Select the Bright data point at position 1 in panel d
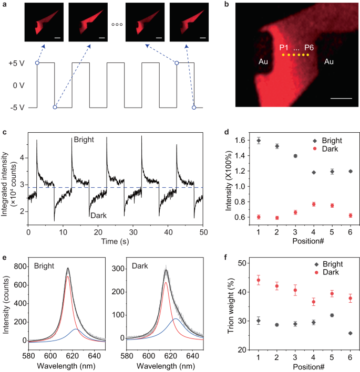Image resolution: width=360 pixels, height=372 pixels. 258,141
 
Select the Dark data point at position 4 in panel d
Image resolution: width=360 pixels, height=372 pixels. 314,204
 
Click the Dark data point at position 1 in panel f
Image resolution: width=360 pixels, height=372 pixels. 258,280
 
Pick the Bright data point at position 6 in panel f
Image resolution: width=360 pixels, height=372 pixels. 350,333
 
